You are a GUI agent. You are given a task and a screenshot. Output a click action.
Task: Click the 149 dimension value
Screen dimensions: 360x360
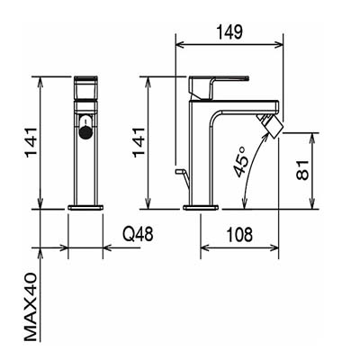(x=229, y=32)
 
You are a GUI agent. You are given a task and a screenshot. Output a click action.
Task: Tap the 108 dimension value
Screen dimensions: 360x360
(x=239, y=235)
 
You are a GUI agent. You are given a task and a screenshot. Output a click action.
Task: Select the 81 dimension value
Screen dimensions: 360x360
(x=302, y=170)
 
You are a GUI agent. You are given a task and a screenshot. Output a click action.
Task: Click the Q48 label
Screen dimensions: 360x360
(x=139, y=234)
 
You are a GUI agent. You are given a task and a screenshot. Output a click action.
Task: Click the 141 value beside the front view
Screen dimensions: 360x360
(x=31, y=143)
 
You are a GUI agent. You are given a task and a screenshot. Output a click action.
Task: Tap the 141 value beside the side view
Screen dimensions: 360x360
(x=139, y=143)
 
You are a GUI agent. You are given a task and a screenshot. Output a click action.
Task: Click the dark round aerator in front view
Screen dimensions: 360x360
(x=85, y=131)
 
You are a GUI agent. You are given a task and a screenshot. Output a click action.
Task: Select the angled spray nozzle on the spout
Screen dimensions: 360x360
(x=273, y=125)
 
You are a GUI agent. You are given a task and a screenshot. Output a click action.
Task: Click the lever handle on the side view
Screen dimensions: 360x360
(x=219, y=87)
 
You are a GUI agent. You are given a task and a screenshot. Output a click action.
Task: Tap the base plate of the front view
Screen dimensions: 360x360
(x=85, y=207)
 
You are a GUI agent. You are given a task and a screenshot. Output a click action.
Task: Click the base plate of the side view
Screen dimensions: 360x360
(x=201, y=207)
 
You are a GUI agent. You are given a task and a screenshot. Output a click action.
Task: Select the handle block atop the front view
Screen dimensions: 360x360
(x=85, y=87)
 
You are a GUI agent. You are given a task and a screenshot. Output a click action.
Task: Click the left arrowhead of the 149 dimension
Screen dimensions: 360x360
(x=180, y=45)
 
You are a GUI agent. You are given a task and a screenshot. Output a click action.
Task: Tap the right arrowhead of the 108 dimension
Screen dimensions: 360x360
(x=274, y=247)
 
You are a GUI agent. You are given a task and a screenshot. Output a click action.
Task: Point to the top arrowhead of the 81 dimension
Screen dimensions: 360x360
(x=313, y=137)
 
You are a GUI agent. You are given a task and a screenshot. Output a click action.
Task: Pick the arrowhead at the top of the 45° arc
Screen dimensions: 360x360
(x=265, y=135)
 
